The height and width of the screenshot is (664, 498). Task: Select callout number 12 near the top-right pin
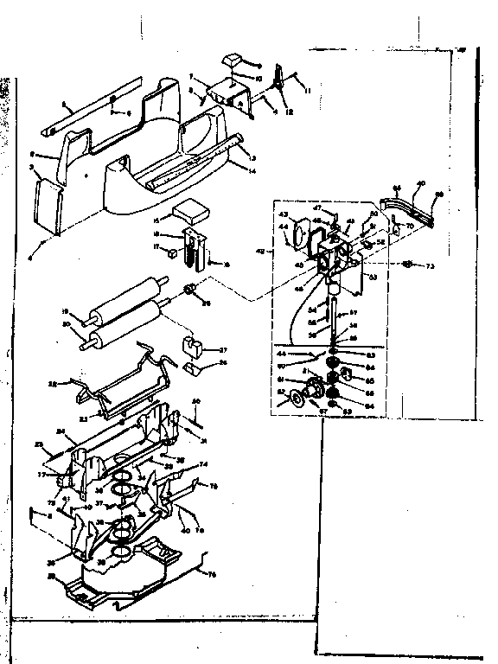tap(288, 110)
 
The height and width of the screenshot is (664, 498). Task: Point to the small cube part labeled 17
tap(171, 254)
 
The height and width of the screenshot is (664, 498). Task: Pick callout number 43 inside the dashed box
tap(283, 214)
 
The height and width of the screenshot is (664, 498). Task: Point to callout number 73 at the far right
tap(428, 265)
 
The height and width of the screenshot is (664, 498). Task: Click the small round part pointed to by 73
tap(406, 263)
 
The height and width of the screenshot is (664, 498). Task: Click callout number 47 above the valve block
tap(316, 209)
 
